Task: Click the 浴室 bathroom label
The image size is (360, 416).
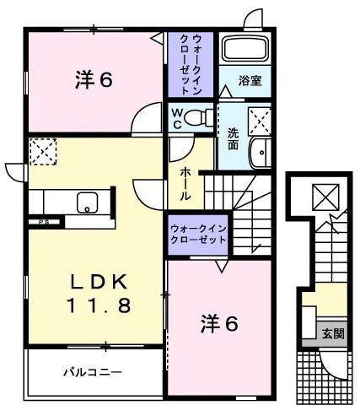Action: click(250, 82)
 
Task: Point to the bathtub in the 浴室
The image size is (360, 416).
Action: click(244, 49)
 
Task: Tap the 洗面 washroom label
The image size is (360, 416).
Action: click(233, 138)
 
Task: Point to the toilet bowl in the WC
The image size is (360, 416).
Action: click(199, 117)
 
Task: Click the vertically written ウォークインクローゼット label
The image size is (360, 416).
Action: click(190, 65)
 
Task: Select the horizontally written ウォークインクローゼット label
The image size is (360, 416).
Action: click(198, 234)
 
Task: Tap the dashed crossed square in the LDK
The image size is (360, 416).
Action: click(41, 153)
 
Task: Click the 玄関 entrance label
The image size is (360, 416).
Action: click(332, 333)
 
